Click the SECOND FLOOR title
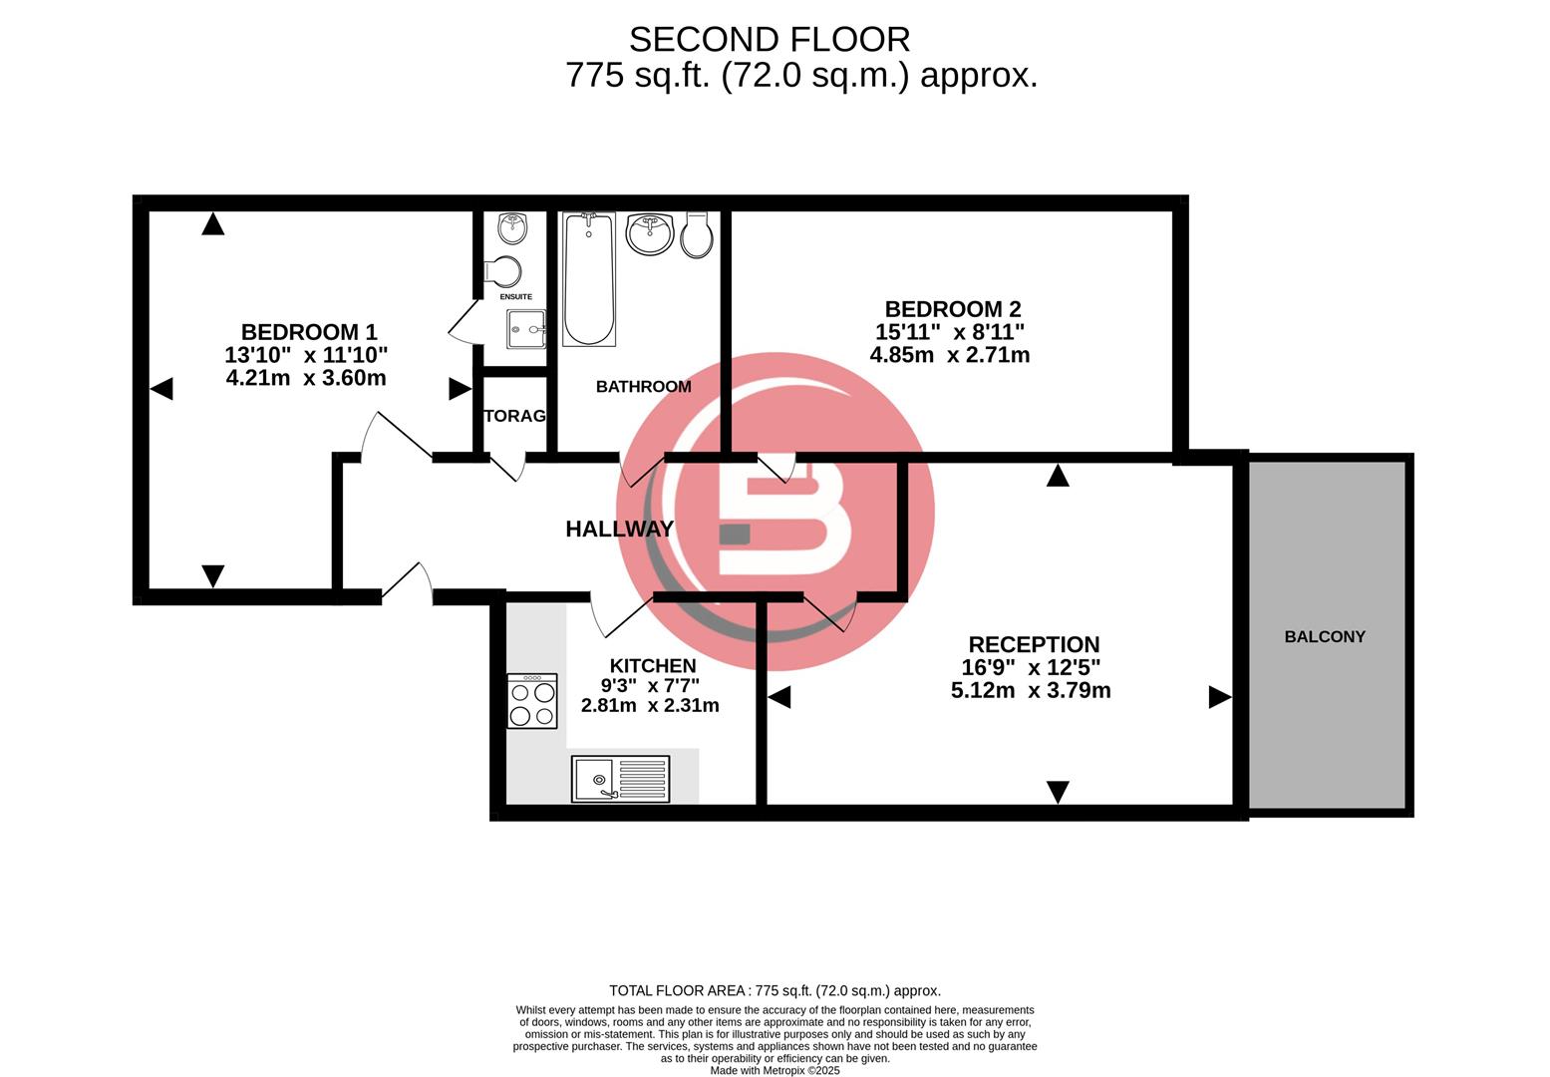[x=769, y=40]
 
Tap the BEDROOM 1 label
[x=308, y=332]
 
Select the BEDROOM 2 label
[x=952, y=309]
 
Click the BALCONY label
[x=1324, y=636]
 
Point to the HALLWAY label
[x=619, y=529]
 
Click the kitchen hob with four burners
[x=531, y=701]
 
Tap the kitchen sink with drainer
[x=620, y=779]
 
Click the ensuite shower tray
[x=526, y=328]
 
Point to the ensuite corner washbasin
[x=512, y=226]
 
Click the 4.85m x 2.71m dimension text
[x=949, y=355]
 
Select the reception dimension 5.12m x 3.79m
[x=1031, y=690]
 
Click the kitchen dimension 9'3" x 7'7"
[x=650, y=686]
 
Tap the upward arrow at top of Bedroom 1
[x=212, y=224]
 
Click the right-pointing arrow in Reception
[x=1219, y=697]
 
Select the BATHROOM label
[x=643, y=387]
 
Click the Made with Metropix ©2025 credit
[x=775, y=1070]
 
